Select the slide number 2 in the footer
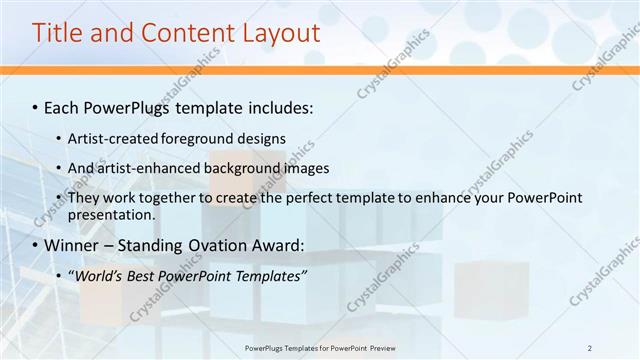coord(589,347)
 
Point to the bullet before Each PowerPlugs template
coord(35,107)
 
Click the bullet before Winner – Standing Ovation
coord(35,245)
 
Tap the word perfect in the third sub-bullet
coord(303,198)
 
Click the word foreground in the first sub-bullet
coord(193,138)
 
